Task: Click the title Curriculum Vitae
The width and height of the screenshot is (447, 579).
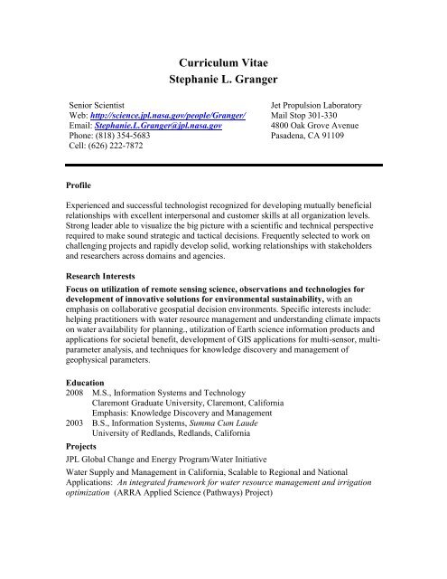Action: pyautogui.click(x=222, y=59)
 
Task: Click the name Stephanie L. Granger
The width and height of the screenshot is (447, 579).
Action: pyautogui.click(x=222, y=81)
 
